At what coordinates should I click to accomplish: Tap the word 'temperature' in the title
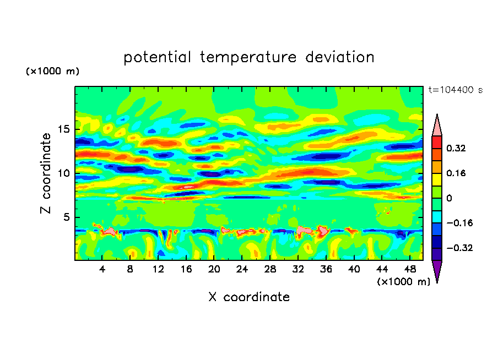(247, 57)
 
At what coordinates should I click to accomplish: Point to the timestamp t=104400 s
(455, 90)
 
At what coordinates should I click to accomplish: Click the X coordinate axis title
(249, 297)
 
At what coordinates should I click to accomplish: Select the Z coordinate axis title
(46, 173)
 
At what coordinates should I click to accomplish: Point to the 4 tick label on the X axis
(102, 269)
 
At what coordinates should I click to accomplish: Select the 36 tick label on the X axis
(326, 269)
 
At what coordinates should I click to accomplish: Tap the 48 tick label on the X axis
(410, 269)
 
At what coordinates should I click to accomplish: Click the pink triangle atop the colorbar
(437, 126)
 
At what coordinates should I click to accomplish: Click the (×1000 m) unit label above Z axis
(52, 72)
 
